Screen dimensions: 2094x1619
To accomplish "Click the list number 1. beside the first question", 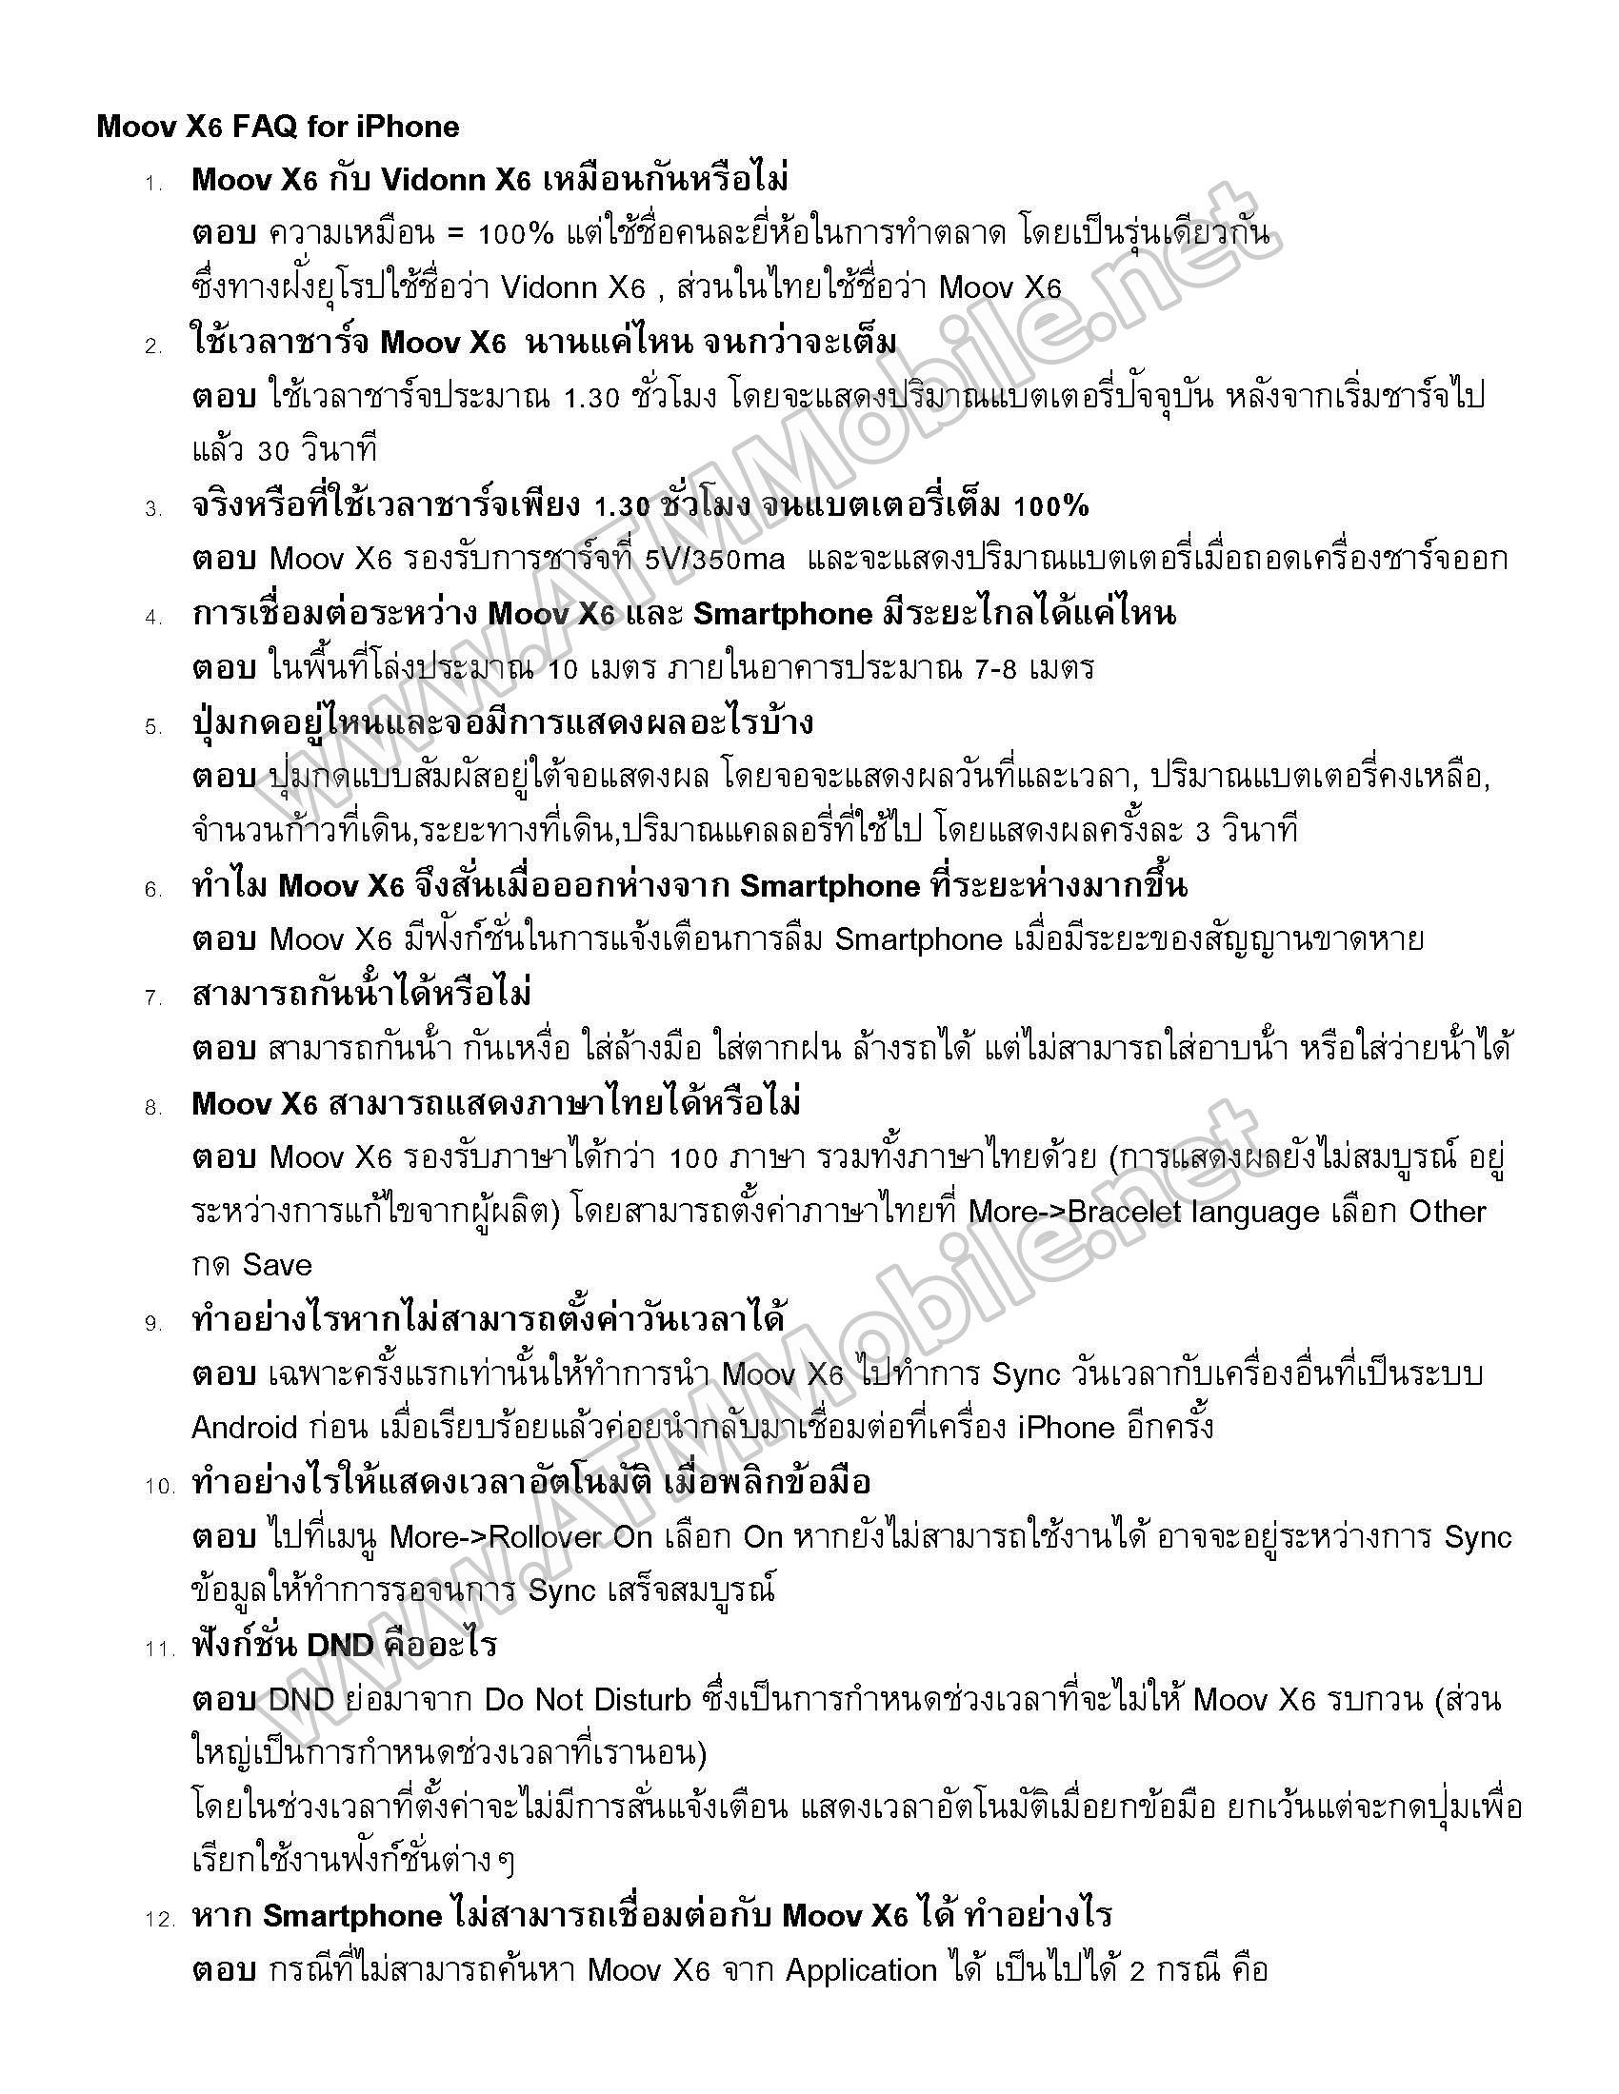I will (x=154, y=183).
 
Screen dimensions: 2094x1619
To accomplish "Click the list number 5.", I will (x=154, y=727).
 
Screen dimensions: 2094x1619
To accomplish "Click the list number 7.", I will (x=154, y=998).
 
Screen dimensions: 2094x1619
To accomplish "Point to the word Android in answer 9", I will (x=245, y=1428).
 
